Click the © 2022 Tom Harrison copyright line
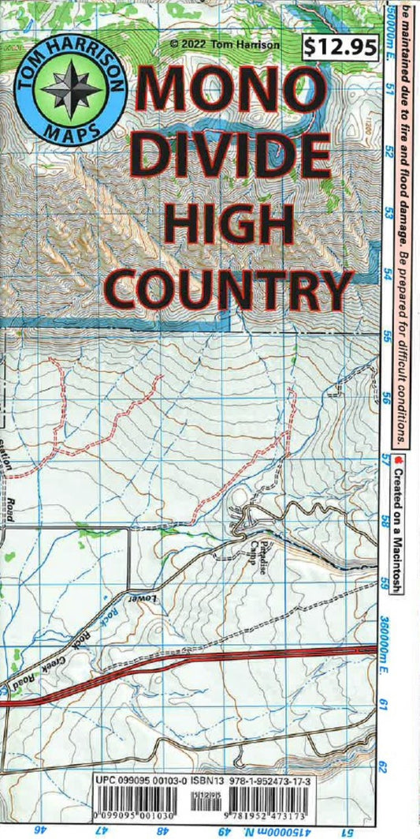[x=225, y=45]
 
